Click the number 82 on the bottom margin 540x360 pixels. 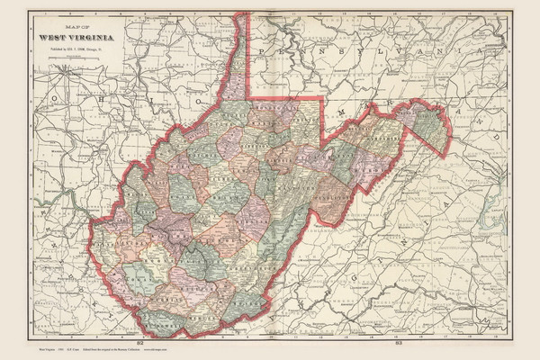click(x=139, y=342)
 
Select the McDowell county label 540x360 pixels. click(x=162, y=311)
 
